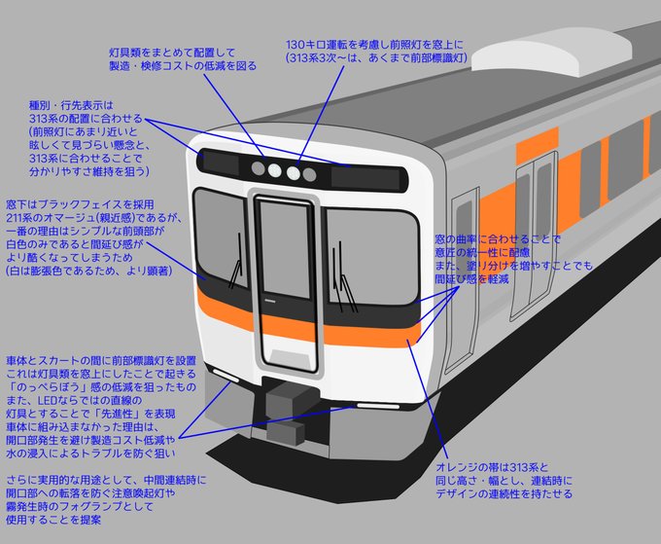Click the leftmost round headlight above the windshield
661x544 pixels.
[257, 168]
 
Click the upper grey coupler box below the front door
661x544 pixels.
[288, 397]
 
